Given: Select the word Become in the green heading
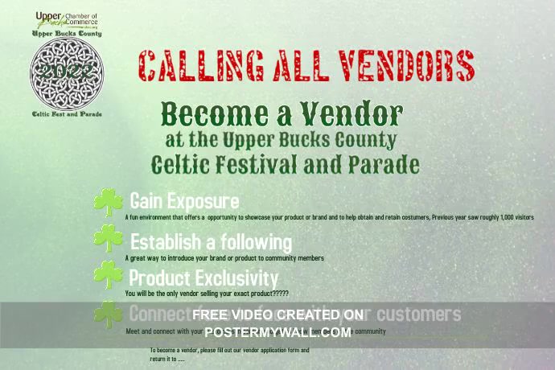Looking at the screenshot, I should point(213,113).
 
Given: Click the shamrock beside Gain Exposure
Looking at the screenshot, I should point(108,203).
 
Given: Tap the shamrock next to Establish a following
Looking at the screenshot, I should point(108,239).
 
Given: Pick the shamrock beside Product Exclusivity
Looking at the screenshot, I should point(108,275).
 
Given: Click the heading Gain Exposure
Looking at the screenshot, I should point(184,200).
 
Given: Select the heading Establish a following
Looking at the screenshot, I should point(211,241).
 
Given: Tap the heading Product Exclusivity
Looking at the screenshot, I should point(203,277).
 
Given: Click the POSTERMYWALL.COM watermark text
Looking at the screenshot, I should point(277,331).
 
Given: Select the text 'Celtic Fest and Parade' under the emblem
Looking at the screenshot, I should point(67,114).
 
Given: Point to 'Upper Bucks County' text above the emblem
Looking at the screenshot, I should point(67,34).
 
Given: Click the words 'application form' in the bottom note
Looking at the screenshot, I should point(273,351).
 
